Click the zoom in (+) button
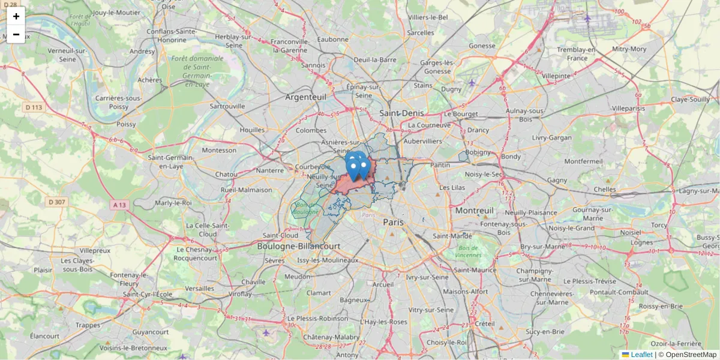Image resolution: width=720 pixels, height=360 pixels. tap(16, 16)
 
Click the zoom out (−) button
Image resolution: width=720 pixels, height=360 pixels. tap(16, 34)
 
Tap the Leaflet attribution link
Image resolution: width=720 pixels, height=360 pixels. tap(641, 355)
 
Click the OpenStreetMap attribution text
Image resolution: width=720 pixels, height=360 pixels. tap(691, 355)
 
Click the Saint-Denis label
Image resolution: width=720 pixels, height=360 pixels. tap(401, 113)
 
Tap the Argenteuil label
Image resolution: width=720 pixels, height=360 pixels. tap(305, 97)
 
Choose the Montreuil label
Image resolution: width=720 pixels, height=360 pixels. tap(474, 211)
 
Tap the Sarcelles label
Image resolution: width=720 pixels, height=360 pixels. tap(420, 32)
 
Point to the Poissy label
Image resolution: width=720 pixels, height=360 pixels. tap(127, 124)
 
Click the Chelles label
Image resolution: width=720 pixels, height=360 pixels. tap(604, 189)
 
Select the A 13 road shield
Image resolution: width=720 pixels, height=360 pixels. tap(120, 205)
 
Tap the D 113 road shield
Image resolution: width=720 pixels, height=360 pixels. tap(35, 107)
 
